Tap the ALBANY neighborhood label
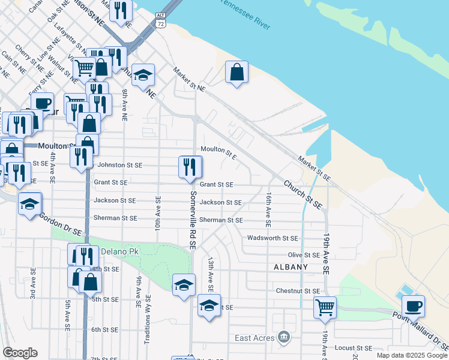(291, 266)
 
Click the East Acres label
(255, 338)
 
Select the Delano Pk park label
(119, 251)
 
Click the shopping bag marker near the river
(237, 73)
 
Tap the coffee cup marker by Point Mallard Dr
(413, 307)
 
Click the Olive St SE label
(304, 256)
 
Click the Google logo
(20, 353)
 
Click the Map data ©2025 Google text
(412, 355)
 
